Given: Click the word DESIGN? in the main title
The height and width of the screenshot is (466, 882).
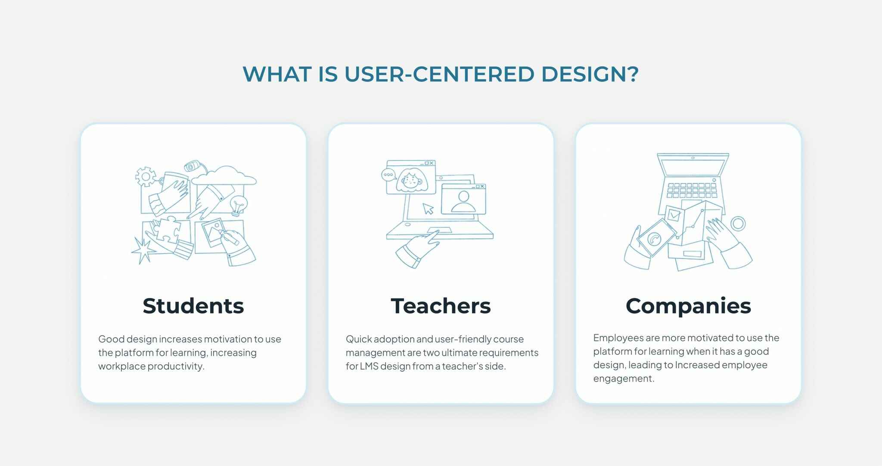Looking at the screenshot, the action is [x=590, y=74].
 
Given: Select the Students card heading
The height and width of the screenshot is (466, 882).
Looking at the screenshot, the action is [x=193, y=306].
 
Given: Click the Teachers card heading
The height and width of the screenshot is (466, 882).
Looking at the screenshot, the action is [x=441, y=306].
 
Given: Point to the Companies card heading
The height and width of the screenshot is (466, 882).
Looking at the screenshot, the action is [x=688, y=306].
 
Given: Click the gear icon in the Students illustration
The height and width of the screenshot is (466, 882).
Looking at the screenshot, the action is [x=146, y=176].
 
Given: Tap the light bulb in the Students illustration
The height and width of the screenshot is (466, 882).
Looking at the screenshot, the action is [x=238, y=205].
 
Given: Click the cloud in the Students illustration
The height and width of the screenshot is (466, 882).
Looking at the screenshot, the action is [x=224, y=176].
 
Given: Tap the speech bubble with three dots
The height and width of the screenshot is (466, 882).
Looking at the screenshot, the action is [x=388, y=175].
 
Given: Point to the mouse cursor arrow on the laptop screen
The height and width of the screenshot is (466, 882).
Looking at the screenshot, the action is [x=428, y=209].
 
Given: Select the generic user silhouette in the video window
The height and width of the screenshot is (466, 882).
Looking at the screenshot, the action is [x=463, y=202].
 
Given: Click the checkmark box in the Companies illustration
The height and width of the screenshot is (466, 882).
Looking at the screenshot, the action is [x=673, y=214].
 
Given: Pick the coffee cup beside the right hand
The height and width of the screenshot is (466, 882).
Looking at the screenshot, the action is [x=738, y=224].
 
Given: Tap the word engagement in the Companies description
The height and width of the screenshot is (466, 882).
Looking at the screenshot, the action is [x=624, y=379].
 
